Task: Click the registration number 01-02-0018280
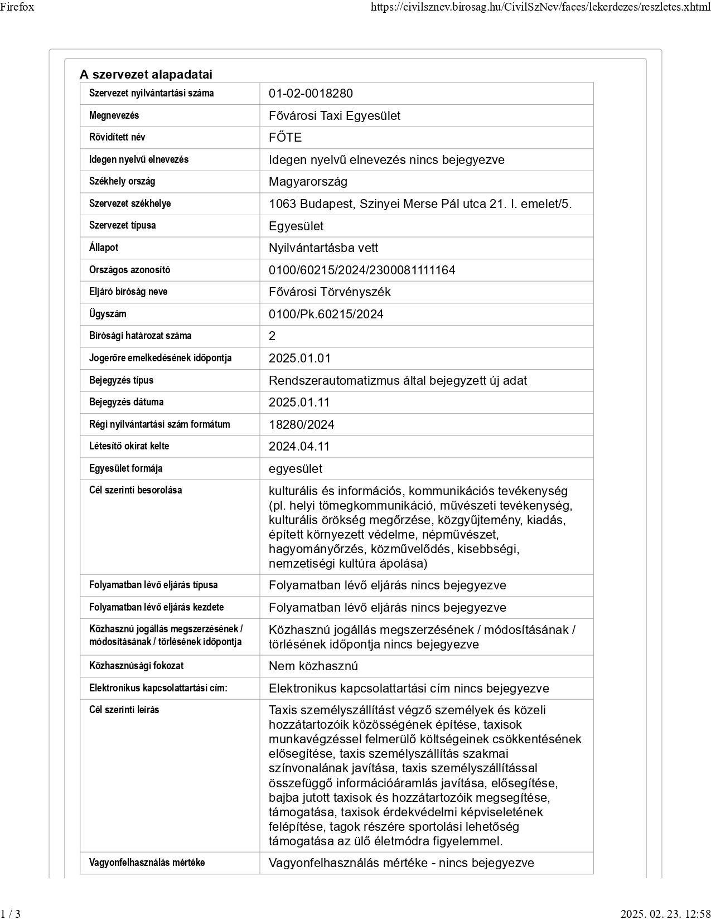point(311,94)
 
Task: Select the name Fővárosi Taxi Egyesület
point(335,116)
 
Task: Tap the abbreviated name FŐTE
point(285,138)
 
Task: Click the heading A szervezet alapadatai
point(146,75)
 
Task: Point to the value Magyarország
point(308,182)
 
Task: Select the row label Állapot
point(104,248)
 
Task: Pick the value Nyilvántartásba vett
point(323,248)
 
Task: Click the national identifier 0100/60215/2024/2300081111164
point(362,270)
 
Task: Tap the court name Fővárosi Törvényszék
point(330,292)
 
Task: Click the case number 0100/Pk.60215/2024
point(326,314)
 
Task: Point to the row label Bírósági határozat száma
point(140,336)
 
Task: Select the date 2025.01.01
point(299,359)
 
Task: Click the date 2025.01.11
point(299,403)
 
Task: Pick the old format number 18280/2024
point(302,425)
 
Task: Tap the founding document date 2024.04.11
point(299,447)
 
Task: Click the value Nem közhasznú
point(313,666)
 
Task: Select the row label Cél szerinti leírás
point(124,710)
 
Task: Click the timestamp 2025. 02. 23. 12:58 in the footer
point(665,913)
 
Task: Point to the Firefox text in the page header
point(17,7)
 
